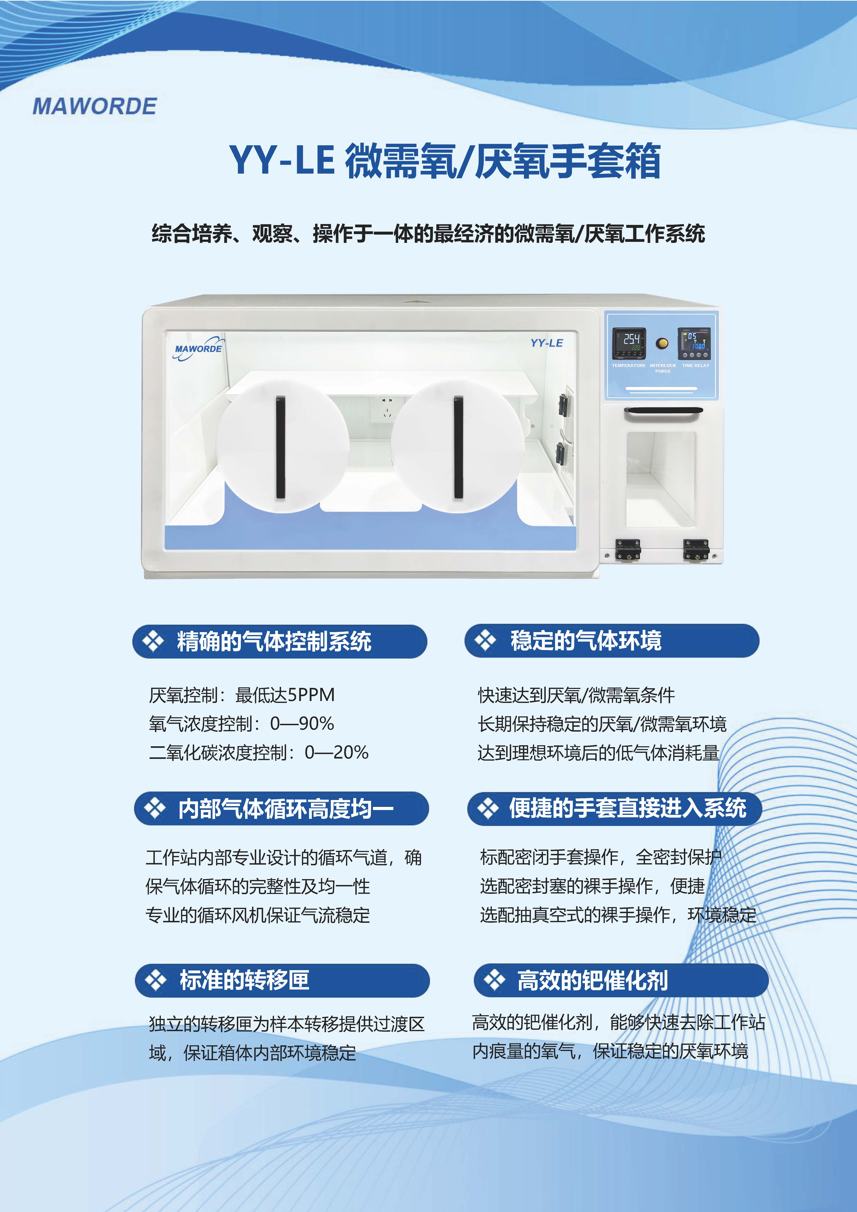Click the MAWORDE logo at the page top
[x=94, y=106]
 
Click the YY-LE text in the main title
[x=282, y=160]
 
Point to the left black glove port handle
[x=280, y=447]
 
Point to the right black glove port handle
[x=458, y=447]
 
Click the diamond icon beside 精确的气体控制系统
[x=153, y=641]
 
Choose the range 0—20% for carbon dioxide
[x=336, y=752]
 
